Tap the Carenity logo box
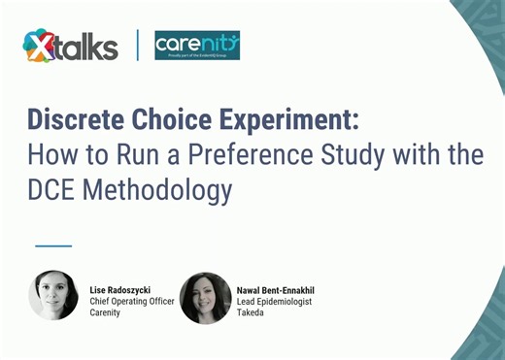tap(197, 45)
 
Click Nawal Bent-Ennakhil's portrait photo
tap(205, 297)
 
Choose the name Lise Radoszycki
tap(125, 289)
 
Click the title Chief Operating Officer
tap(132, 301)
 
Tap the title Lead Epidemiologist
tap(275, 301)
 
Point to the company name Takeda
tap(251, 312)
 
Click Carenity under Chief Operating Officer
tap(106, 312)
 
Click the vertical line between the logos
tap(137, 45)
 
